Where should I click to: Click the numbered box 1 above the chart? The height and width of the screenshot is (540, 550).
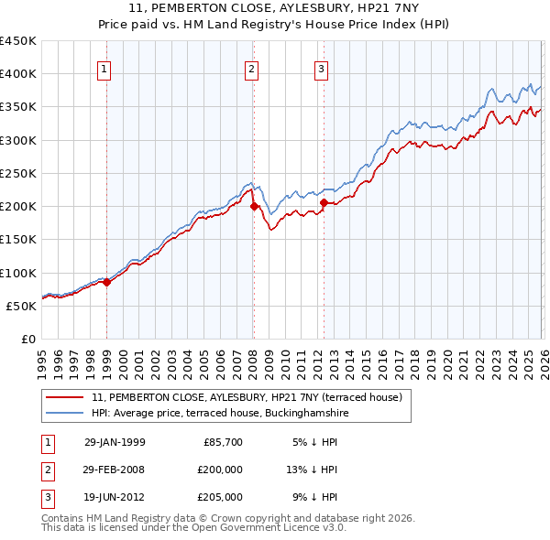pyautogui.click(x=104, y=69)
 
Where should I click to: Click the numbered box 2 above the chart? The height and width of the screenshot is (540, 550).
pyautogui.click(x=251, y=69)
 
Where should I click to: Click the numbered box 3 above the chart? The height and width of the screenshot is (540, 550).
pyautogui.click(x=322, y=69)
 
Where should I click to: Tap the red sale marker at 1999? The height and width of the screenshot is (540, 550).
pyautogui.click(x=107, y=282)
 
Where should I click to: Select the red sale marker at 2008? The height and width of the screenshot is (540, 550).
pyautogui.click(x=254, y=206)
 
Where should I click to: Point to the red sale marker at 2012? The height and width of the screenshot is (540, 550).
pyautogui.click(x=324, y=202)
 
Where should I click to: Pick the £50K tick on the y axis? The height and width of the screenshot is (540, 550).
pyautogui.click(x=22, y=306)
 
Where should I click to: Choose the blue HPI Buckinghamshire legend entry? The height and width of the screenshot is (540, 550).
pyautogui.click(x=219, y=414)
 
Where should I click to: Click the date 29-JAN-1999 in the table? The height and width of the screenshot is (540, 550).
pyautogui.click(x=115, y=442)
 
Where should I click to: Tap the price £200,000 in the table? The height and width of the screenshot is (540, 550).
pyautogui.click(x=220, y=470)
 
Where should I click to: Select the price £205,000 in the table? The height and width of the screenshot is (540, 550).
pyautogui.click(x=220, y=497)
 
